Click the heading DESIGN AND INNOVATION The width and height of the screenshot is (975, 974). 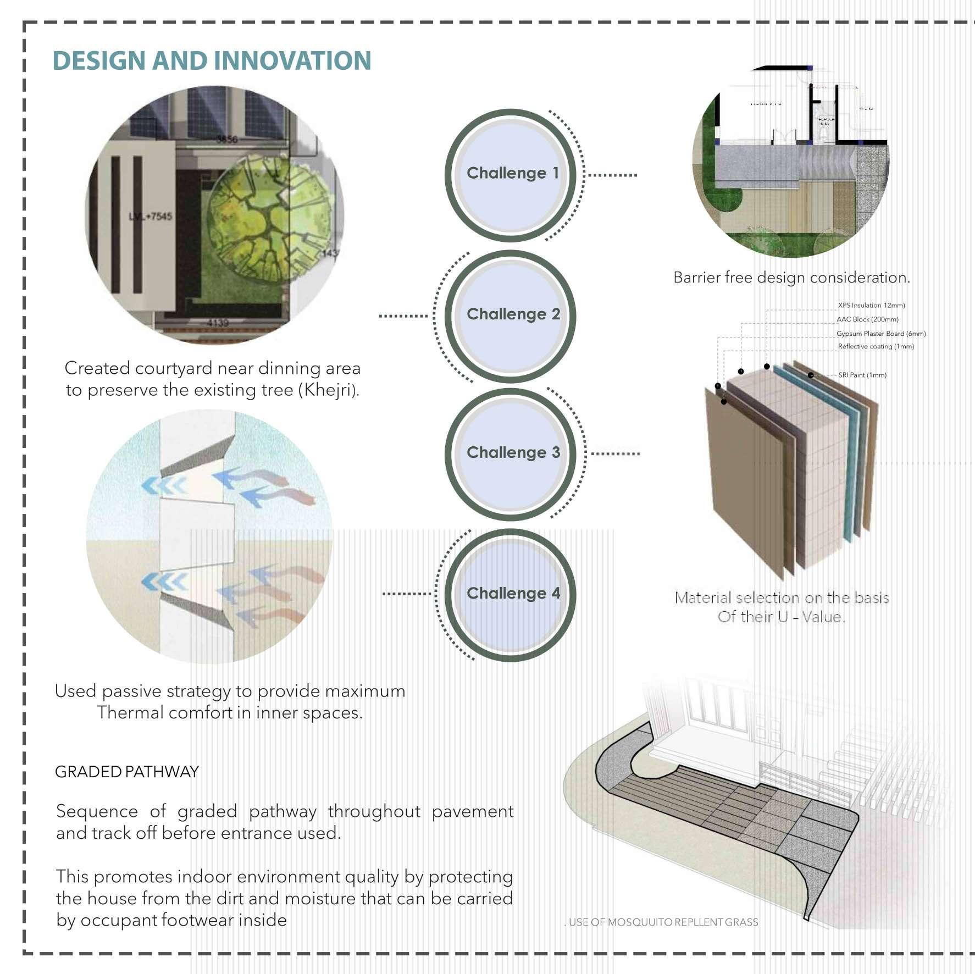pos(212,60)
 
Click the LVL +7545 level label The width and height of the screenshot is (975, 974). pos(150,217)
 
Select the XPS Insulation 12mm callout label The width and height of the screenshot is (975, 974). pos(871,306)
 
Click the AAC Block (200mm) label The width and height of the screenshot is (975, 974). pos(867,319)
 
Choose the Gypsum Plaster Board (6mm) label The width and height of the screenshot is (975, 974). pos(881,334)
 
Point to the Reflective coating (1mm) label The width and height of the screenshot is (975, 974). pos(876,347)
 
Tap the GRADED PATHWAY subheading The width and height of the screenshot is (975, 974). pos(127,772)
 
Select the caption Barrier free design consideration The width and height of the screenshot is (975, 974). pos(791,278)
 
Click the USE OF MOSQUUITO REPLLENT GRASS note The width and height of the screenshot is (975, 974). pos(663,922)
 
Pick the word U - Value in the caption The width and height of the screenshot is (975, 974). pos(811,617)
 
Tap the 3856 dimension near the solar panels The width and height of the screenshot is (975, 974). pos(226,140)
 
